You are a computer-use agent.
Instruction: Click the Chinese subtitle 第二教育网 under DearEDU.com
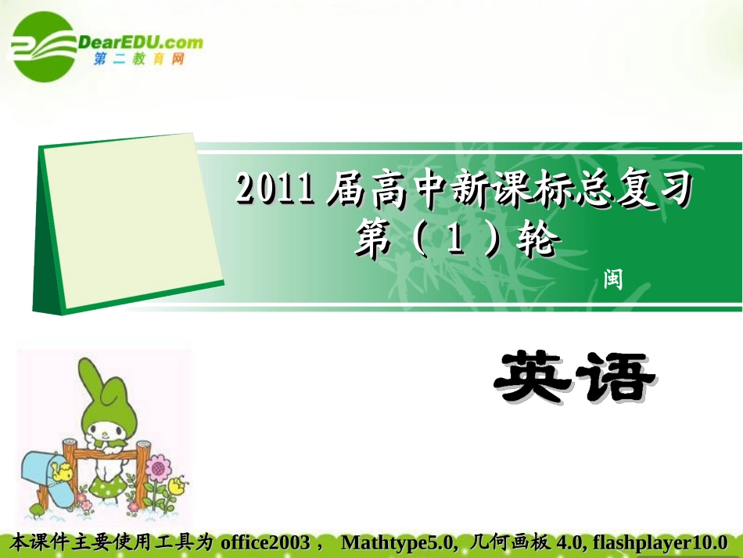coord(139,59)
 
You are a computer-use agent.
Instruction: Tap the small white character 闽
coord(613,279)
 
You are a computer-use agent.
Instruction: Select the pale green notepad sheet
coord(129,221)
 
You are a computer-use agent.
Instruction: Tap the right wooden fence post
coord(143,473)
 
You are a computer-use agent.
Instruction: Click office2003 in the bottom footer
coord(265,542)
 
